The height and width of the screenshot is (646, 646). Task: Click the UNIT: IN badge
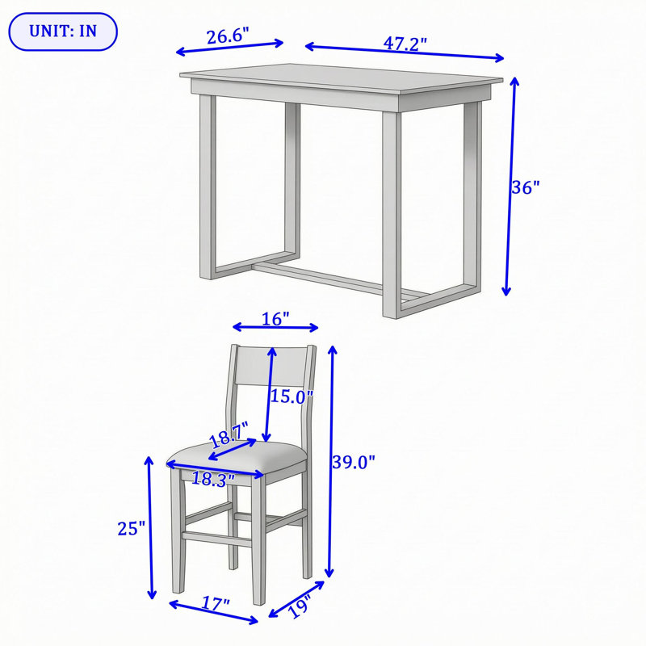pos(63,31)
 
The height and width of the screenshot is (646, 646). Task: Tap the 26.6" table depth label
pos(228,36)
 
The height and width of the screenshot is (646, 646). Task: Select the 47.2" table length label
pos(405,44)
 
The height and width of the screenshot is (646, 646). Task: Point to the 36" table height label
pos(526,187)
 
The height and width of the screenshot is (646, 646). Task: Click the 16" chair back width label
pos(275,318)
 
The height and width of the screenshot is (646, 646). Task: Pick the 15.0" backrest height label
pos(292,396)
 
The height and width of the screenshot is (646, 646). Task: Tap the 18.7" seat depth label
pos(229,434)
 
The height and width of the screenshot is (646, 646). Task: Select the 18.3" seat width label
pos(213,479)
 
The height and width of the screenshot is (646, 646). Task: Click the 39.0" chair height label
pos(354,462)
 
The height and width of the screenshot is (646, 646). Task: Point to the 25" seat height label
pos(132,529)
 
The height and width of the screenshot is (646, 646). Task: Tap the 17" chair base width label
pos(216,604)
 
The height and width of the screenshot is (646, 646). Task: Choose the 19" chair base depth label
pos(299,606)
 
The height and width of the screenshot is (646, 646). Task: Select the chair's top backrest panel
pos(271,367)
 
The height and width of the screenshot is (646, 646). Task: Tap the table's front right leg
pos(392,215)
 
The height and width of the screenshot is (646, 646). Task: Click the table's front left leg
pos(208,187)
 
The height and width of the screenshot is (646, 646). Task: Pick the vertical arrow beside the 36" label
pos(510,187)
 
